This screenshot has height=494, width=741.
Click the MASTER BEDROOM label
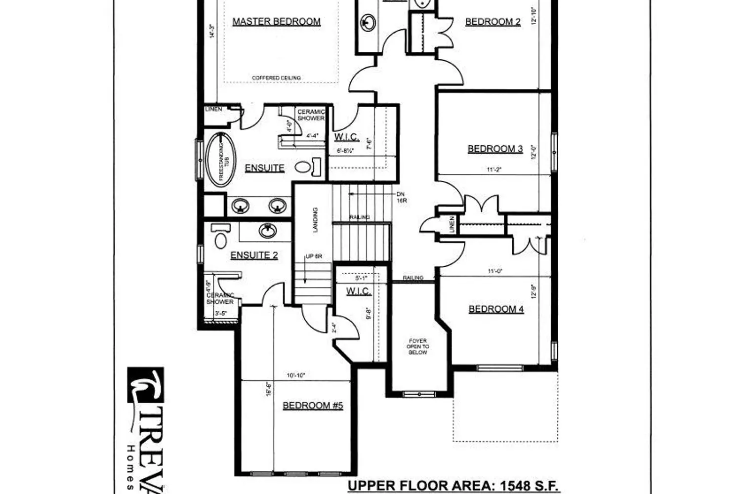[x=276, y=22]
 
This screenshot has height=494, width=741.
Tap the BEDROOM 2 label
[x=493, y=22]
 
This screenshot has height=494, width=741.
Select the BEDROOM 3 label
[x=495, y=149]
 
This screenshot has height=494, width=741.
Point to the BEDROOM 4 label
[x=496, y=309]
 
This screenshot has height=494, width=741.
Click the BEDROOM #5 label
[x=313, y=406]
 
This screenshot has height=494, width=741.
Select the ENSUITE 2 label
[x=254, y=255]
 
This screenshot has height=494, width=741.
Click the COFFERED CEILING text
[x=276, y=78]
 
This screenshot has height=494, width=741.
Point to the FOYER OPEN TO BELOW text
[x=417, y=346]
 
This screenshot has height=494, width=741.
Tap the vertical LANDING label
[x=315, y=219]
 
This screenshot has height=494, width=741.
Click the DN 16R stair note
[x=401, y=198]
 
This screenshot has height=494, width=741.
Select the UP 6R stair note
[x=314, y=256]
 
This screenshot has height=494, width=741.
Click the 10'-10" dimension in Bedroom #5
[x=296, y=375]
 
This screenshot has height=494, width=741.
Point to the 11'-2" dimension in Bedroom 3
[x=494, y=169]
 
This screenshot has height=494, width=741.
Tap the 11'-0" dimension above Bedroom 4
[x=495, y=271]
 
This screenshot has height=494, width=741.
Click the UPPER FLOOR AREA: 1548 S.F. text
[x=453, y=486]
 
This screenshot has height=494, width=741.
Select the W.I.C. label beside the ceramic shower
[x=346, y=137]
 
